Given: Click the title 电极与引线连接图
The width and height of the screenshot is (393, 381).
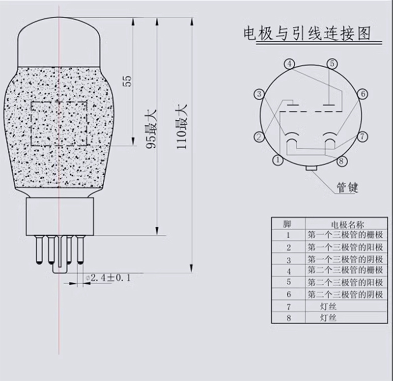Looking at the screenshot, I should (307, 35).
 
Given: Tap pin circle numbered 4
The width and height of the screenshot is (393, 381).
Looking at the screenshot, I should (290, 64).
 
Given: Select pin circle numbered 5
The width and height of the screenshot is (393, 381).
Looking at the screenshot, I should (333, 63).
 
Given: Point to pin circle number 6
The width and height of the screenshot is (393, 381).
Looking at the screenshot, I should (362, 94).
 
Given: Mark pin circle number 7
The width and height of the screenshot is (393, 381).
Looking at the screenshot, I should (362, 136).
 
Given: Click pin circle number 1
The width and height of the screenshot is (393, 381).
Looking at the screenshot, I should (278, 160).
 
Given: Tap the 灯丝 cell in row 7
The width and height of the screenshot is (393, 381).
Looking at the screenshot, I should (328, 306).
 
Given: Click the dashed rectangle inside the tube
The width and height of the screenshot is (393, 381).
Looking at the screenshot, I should (59, 124).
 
